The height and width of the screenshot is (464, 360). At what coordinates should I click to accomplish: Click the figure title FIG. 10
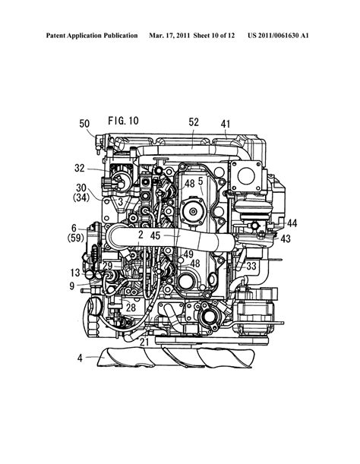coord(123,121)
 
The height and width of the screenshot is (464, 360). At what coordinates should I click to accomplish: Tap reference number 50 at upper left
coord(84,124)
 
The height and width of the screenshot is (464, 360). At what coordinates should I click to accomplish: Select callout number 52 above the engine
coord(194,122)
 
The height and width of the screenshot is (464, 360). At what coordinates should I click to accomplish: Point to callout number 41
coord(226,124)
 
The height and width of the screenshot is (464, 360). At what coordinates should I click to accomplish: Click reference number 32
coord(80,169)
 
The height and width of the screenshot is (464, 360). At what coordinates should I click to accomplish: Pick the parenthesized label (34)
coord(81,197)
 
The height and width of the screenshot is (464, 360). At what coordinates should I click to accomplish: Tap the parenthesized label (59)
coord(76,238)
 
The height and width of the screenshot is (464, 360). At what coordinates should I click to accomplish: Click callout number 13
coord(75,273)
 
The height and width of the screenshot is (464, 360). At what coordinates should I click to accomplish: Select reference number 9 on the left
coord(72,286)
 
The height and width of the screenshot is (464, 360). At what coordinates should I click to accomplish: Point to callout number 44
coord(292,223)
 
